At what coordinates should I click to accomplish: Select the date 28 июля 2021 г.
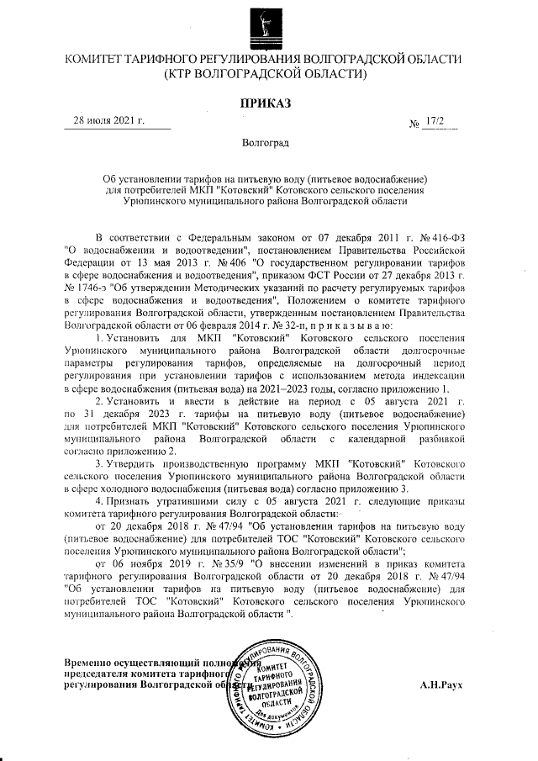pos(110,120)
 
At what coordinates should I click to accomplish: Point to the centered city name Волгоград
pos(266,144)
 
